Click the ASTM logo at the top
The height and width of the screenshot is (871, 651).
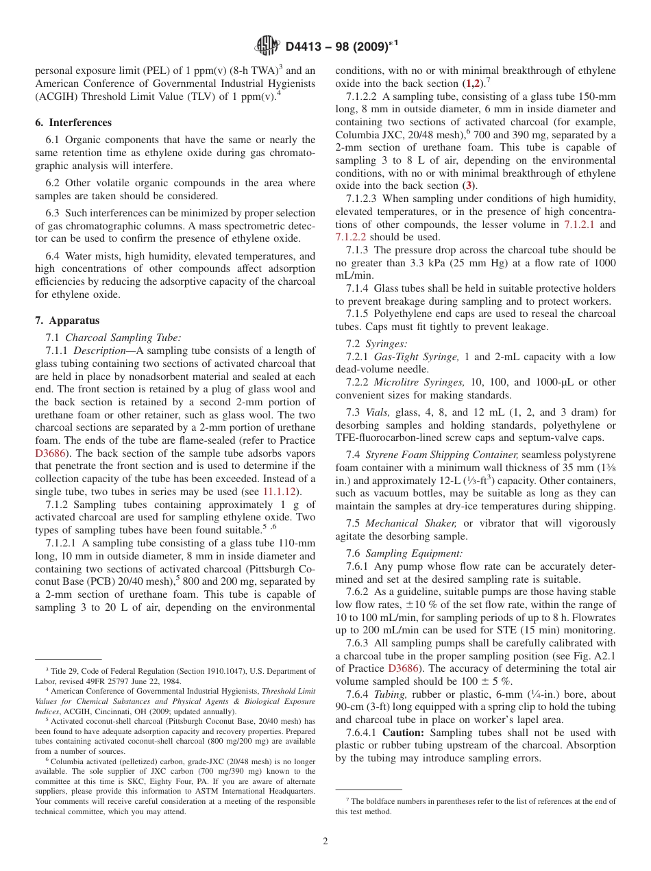267,47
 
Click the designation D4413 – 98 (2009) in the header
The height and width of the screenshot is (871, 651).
341,47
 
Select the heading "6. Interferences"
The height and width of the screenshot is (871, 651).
73,123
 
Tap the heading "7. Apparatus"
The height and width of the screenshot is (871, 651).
67,320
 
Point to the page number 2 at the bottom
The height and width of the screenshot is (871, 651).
325,841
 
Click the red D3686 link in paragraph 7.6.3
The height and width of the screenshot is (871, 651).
402,668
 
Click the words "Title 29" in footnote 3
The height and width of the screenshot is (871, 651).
62,671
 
